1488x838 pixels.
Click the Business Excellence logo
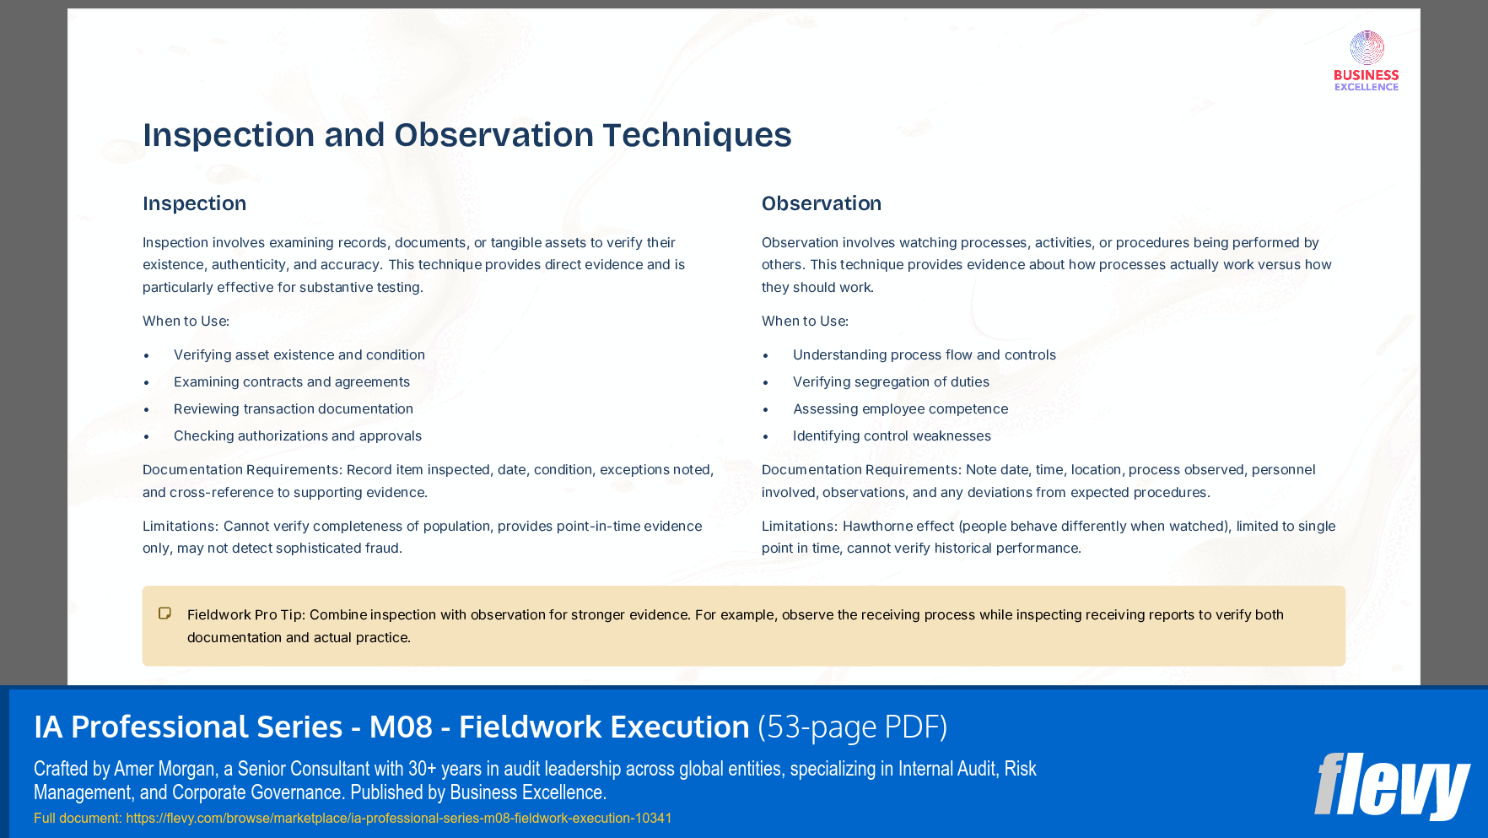(x=1366, y=61)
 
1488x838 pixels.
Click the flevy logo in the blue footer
(x=1391, y=786)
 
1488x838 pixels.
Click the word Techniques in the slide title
(x=697, y=135)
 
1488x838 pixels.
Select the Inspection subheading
(x=194, y=203)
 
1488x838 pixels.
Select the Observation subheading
(x=821, y=203)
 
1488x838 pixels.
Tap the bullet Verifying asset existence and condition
(x=299, y=355)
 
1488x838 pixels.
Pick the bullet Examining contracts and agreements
(x=291, y=382)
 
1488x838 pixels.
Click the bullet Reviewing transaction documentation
(x=293, y=409)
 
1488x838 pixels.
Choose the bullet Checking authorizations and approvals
(x=297, y=436)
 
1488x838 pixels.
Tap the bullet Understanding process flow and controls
(x=924, y=355)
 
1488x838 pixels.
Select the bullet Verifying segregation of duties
(x=891, y=382)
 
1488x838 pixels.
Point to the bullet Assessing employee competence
(x=900, y=409)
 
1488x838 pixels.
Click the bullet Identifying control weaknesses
(x=892, y=436)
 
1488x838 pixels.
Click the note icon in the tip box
(x=165, y=614)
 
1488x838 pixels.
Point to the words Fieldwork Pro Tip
(x=245, y=615)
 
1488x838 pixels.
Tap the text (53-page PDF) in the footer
(x=852, y=727)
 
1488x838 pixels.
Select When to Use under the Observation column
(x=804, y=322)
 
